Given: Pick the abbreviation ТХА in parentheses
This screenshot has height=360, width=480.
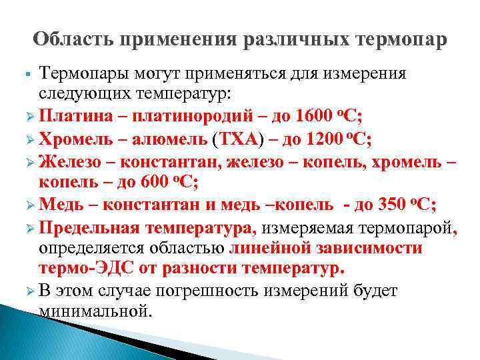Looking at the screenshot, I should click(235, 139).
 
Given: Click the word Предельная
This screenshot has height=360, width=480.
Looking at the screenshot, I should click(89, 227).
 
